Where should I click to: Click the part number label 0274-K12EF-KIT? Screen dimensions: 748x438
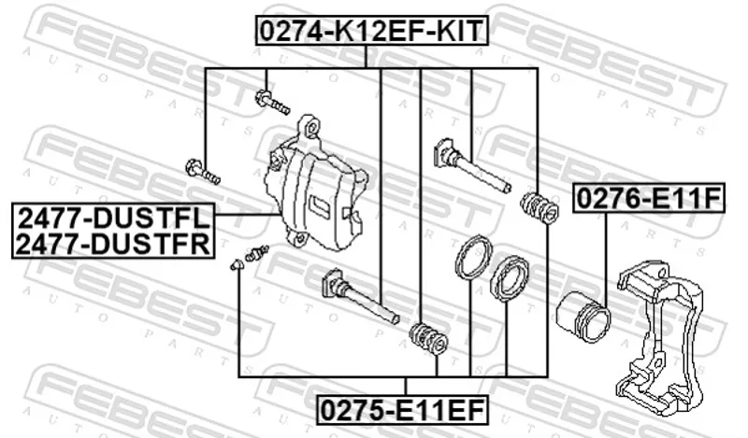(371, 31)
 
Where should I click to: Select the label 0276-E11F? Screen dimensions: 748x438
(649, 198)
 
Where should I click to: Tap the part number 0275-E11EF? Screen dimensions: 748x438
(403, 409)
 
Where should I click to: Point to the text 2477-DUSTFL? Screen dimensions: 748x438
(113, 218)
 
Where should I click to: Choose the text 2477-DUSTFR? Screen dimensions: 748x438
(113, 245)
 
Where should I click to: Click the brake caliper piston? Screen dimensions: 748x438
(583, 317)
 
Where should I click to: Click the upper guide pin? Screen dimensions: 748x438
(471, 165)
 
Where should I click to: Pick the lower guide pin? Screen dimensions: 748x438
(359, 295)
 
